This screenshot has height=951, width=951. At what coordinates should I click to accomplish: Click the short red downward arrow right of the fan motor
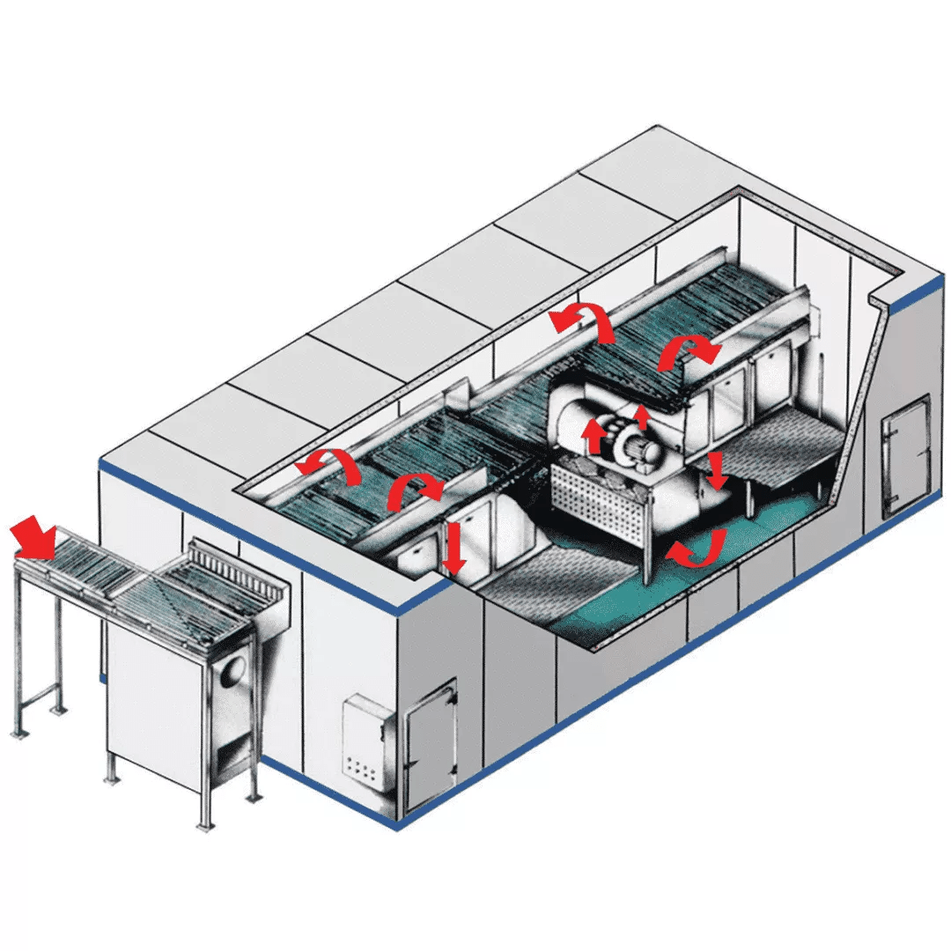[x=717, y=471]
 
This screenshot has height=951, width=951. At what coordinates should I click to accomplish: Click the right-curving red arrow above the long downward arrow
[x=414, y=490]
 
